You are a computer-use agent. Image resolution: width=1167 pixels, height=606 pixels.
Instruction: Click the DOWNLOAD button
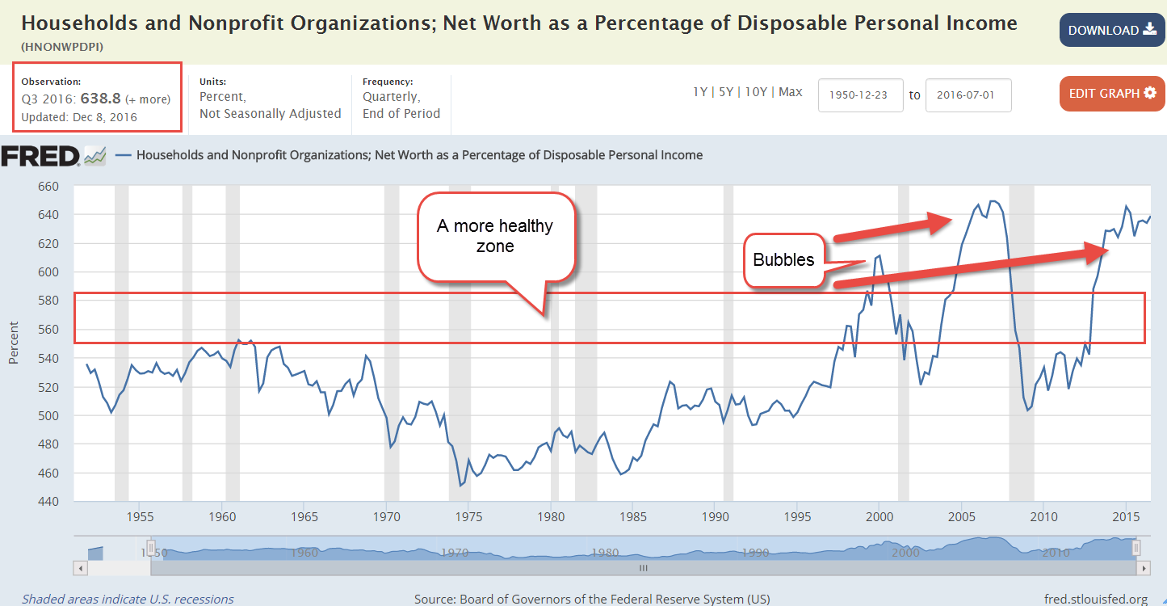[1112, 31]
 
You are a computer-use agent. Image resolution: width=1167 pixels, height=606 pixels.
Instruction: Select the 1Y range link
[700, 92]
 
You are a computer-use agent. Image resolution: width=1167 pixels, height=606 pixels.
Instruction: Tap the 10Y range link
[756, 92]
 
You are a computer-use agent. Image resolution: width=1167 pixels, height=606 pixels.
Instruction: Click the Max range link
[791, 92]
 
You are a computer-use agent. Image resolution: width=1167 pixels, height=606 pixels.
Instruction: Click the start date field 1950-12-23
[860, 95]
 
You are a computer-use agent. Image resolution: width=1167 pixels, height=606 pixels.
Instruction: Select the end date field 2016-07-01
[968, 95]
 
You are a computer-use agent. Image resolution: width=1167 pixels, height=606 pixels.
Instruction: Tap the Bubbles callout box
[783, 260]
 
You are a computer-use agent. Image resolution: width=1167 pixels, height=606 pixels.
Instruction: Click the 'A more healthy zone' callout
[495, 236]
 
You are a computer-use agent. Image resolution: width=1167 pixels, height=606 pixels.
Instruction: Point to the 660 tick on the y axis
[49, 187]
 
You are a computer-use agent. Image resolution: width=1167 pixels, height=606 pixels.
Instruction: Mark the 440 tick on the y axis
[49, 502]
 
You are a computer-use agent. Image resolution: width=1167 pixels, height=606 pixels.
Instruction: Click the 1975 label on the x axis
[468, 516]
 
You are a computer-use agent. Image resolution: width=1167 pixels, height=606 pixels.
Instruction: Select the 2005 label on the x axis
[961, 516]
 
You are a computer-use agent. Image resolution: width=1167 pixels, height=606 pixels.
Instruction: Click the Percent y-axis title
[14, 343]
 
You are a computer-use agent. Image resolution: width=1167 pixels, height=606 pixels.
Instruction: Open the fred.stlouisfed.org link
[1095, 599]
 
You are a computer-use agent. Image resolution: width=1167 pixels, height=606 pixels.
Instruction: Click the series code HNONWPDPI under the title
[62, 47]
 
